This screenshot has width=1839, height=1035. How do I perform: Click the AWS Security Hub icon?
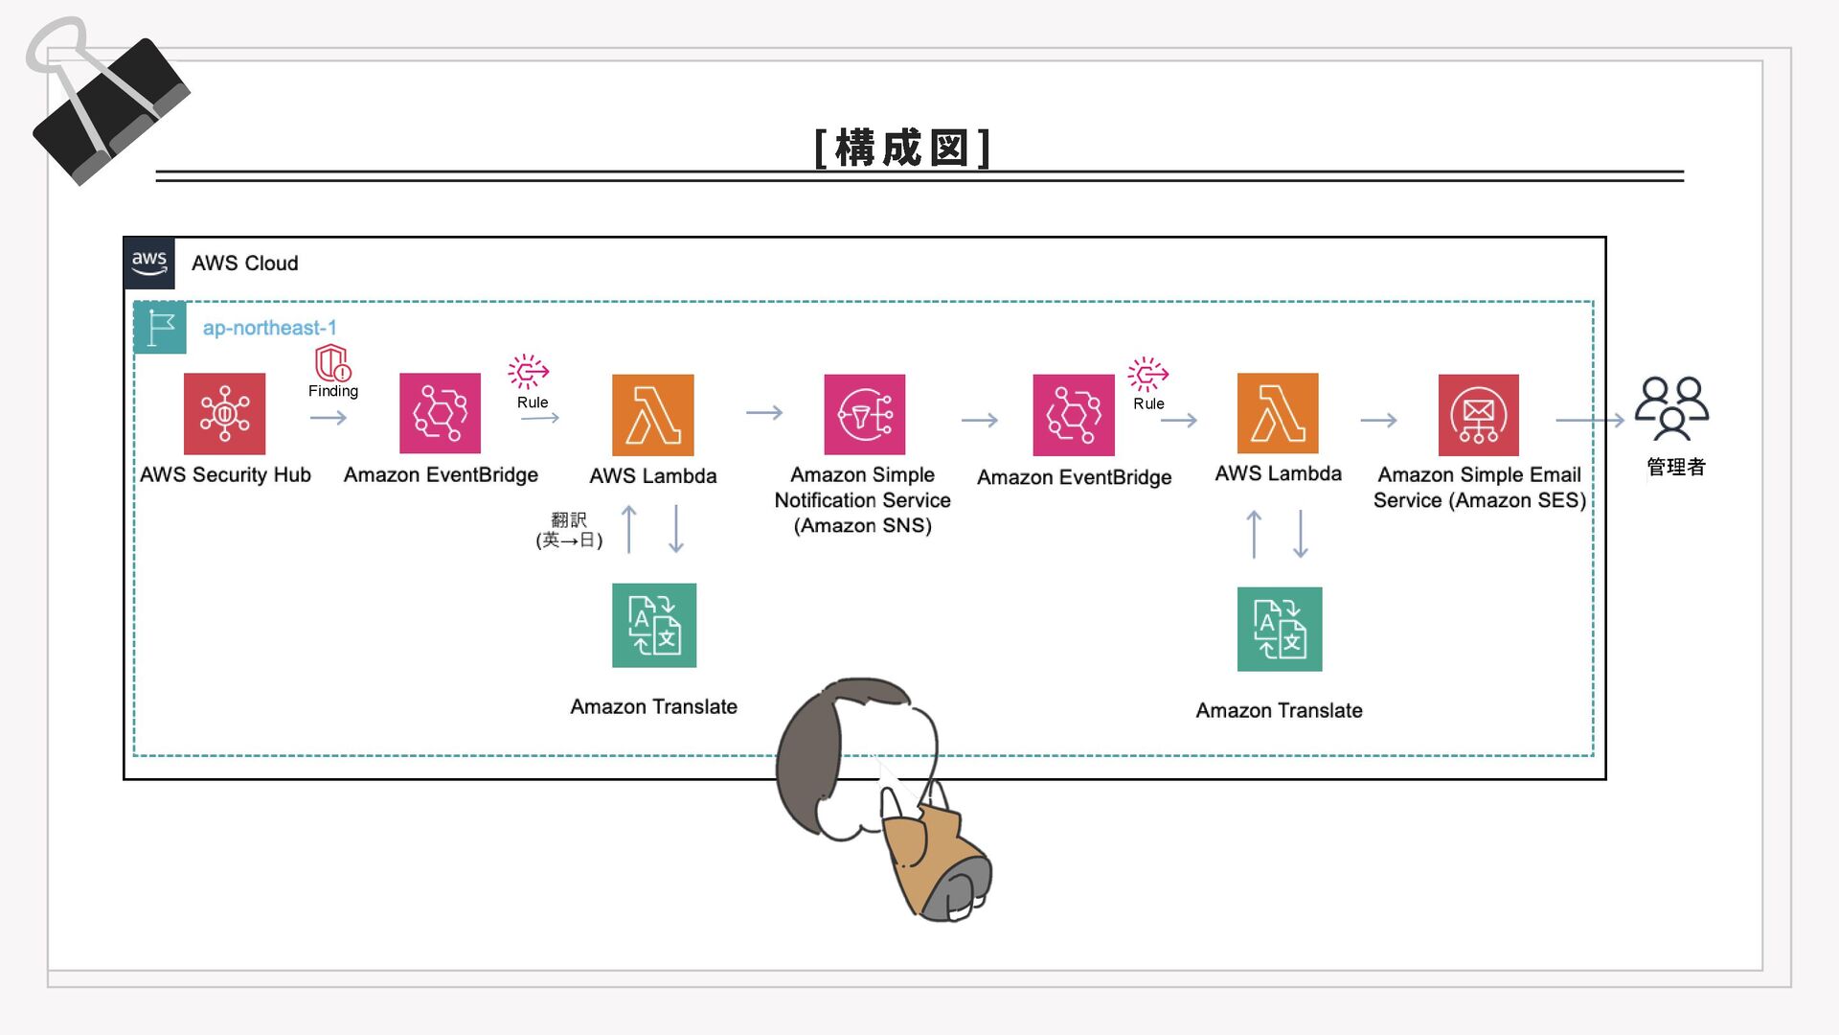[224, 414]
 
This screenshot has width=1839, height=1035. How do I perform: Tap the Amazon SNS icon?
[864, 414]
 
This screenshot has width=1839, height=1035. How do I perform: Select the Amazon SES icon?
[1478, 415]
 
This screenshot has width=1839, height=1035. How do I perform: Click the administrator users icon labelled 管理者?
[1671, 408]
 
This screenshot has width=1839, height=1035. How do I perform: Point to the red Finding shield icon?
[332, 363]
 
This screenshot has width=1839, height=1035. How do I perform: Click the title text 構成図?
[901, 149]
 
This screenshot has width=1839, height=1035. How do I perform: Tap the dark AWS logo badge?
[149, 263]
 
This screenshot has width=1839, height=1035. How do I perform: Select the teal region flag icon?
[160, 328]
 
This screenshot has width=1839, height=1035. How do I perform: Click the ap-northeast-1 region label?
[269, 328]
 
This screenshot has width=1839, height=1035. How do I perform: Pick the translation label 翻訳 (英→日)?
[569, 530]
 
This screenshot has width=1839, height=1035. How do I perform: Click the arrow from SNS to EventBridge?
[979, 420]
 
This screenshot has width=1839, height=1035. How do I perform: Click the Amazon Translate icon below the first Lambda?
[654, 625]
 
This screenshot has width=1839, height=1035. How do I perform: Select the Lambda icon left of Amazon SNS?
[652, 415]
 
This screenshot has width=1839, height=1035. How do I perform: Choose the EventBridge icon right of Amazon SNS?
[1073, 415]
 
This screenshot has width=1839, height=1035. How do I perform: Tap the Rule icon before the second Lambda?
[1147, 374]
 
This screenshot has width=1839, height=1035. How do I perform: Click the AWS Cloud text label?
[244, 263]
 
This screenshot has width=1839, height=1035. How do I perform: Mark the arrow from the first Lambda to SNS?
[764, 413]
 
